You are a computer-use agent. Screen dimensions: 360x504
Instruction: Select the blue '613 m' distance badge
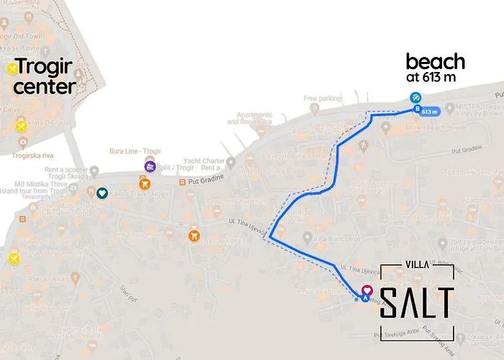[x=428, y=112]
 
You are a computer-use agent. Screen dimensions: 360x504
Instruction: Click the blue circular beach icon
[x=415, y=98]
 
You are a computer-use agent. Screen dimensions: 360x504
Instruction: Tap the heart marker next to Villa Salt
[x=366, y=289]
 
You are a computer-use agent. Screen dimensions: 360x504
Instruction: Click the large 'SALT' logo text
[x=417, y=302]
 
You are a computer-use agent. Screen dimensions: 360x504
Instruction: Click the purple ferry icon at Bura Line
[x=150, y=167]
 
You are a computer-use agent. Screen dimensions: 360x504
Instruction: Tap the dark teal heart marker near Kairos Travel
[x=102, y=193]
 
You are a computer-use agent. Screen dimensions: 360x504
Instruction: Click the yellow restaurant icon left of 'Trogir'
[x=12, y=69]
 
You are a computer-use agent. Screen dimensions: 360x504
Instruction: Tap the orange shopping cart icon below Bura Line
[x=194, y=235]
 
